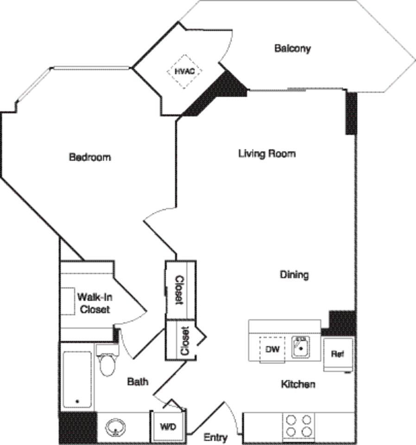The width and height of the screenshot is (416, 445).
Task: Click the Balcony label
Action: click(x=292, y=48)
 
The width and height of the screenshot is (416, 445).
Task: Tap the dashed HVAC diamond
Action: click(x=184, y=71)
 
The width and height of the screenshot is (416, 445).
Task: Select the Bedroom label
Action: click(x=90, y=157)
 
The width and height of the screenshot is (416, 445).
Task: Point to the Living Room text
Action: click(x=267, y=153)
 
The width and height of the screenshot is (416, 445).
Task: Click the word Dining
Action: click(x=294, y=275)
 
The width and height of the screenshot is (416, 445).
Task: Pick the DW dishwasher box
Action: click(x=272, y=350)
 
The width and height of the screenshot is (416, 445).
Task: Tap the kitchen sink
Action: click(x=300, y=347)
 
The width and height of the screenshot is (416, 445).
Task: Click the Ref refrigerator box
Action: click(x=338, y=354)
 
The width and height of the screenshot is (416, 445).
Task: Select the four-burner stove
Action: click(x=298, y=426)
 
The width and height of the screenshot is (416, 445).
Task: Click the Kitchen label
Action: click(x=298, y=384)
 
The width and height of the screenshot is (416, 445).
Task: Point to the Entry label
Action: click(x=215, y=437)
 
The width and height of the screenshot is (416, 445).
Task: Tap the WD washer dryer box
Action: click(x=168, y=427)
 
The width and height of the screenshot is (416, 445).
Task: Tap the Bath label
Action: click(x=138, y=381)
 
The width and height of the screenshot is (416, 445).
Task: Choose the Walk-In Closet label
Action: click(x=94, y=303)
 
